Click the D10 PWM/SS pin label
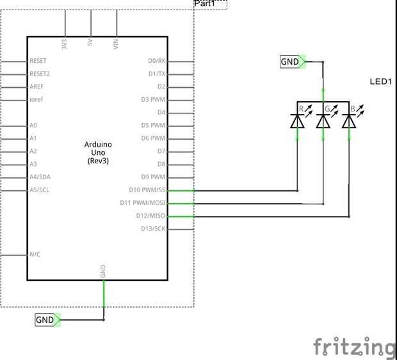pos(147,190)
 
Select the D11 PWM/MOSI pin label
pos(143,202)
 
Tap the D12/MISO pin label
pos(150,216)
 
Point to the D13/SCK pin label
pos(153,229)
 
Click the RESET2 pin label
pos(40,74)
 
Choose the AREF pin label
pos(36,86)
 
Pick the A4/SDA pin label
pos(40,177)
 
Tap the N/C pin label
pos(35,254)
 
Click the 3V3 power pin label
pos(64,44)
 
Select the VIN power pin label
pos(116,44)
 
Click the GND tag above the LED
pos(293,61)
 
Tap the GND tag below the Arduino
pos(48,320)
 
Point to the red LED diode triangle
pos(297,121)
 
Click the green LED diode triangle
pos(323,121)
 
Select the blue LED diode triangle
pos(349,121)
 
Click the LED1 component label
pos(381,81)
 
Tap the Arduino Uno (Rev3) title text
pos(98,152)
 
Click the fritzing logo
pos(355,347)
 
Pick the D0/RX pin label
pos(157,61)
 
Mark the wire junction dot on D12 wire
pos(349,217)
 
